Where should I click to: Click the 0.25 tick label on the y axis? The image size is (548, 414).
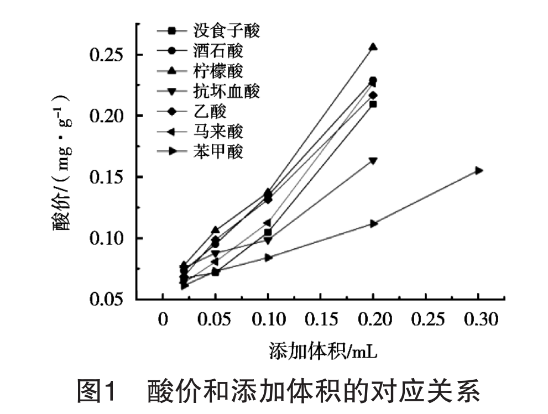click(x=110, y=55)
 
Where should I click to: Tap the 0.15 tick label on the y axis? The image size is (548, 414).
click(x=110, y=177)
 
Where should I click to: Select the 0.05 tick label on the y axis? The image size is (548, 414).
click(x=110, y=300)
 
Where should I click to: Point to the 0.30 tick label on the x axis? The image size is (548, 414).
click(x=479, y=319)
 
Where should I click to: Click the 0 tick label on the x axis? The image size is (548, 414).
click(x=162, y=319)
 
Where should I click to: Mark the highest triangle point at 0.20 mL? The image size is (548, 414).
click(x=373, y=47)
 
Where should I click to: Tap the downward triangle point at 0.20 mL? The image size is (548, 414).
click(x=373, y=161)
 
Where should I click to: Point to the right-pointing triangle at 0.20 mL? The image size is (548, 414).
click(x=373, y=223)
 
